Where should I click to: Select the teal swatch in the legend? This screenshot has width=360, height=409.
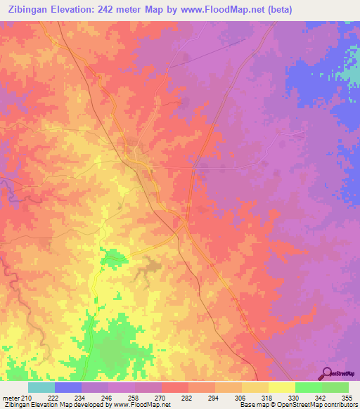[x=41, y=387]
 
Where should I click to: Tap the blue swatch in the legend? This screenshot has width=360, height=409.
[x=68, y=387]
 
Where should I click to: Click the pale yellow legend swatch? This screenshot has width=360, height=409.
[x=281, y=387]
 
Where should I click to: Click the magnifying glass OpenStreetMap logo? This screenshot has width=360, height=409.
[x=327, y=374]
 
